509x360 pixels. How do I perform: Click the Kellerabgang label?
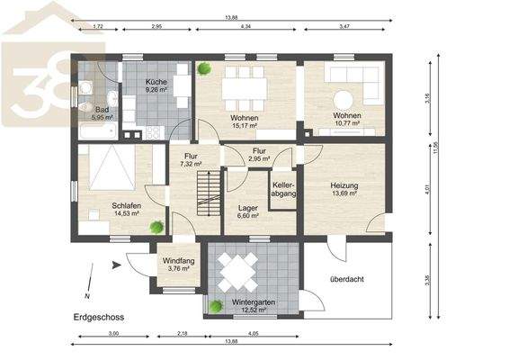coord(284,191)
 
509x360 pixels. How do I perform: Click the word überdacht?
coord(347,279)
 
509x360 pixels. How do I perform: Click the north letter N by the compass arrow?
coord(86,296)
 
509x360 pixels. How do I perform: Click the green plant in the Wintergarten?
coord(216,306)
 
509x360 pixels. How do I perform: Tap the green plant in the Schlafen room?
coord(157,227)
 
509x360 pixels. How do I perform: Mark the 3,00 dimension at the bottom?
coord(113,334)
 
